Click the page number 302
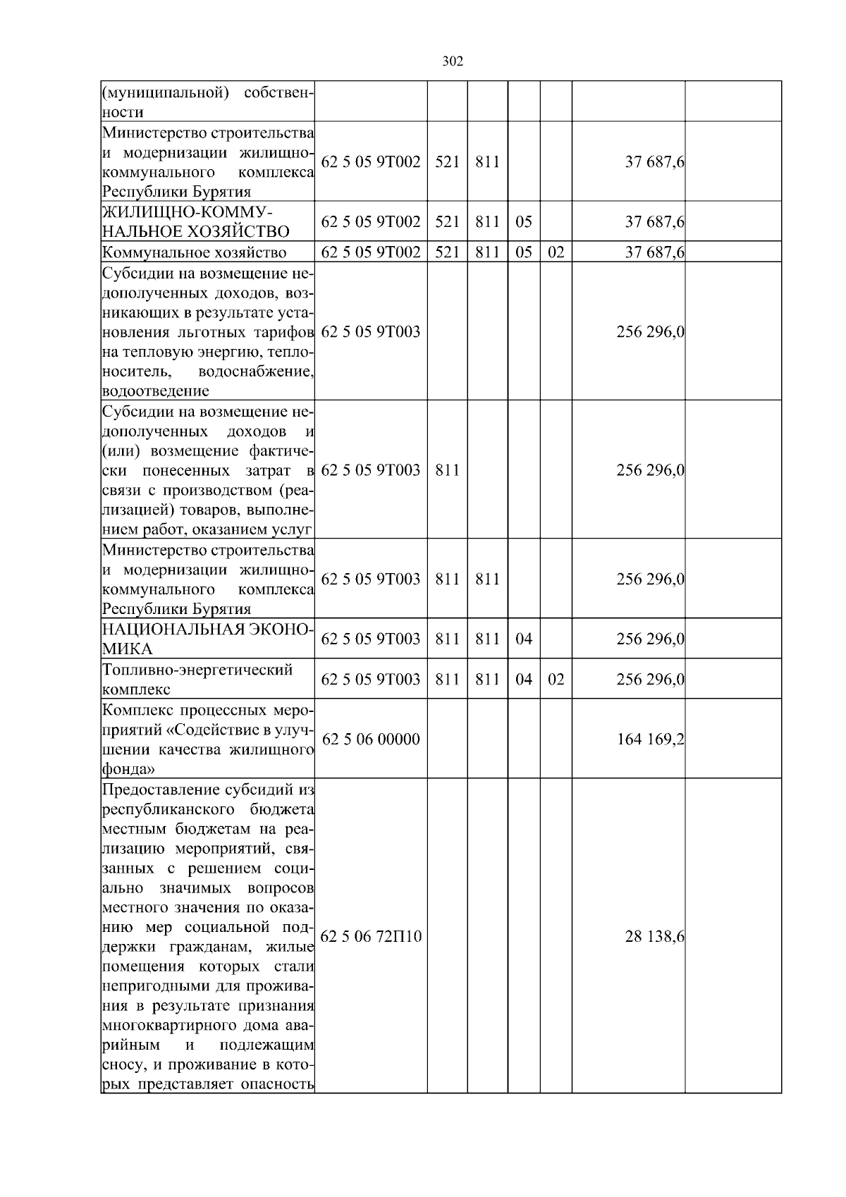pos(452,61)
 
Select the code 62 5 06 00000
pos(371,739)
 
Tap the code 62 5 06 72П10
pos(371,936)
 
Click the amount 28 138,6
pos(654,936)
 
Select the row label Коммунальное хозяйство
pos(194,252)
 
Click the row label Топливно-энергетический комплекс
pos(197,679)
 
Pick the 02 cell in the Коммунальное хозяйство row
pos(556,252)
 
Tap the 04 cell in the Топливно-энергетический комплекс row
pos(523,679)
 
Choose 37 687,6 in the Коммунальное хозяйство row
pos(654,252)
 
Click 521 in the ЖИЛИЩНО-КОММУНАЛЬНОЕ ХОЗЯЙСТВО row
pos(447,221)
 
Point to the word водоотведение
pos(155,391)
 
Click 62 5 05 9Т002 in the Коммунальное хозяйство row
pos(371,252)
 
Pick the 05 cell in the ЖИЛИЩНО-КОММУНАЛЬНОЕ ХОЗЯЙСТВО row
pos(523,221)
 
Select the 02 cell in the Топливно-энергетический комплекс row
pos(556,679)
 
